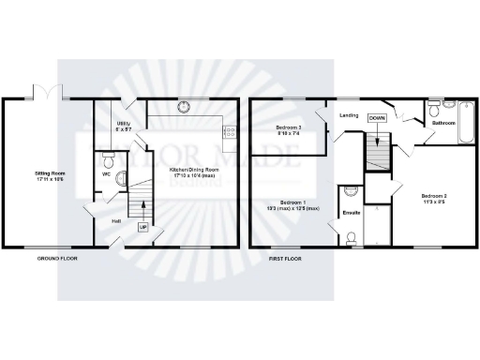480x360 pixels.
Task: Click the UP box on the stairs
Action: (143, 227)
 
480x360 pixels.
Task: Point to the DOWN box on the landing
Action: (377, 118)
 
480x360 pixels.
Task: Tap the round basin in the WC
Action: (120, 173)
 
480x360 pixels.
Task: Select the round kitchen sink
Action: (185, 105)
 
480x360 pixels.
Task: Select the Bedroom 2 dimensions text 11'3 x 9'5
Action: (432, 202)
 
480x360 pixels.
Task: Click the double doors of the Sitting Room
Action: (45, 94)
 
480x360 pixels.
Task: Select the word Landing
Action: (350, 115)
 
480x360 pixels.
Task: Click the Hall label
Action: (116, 221)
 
